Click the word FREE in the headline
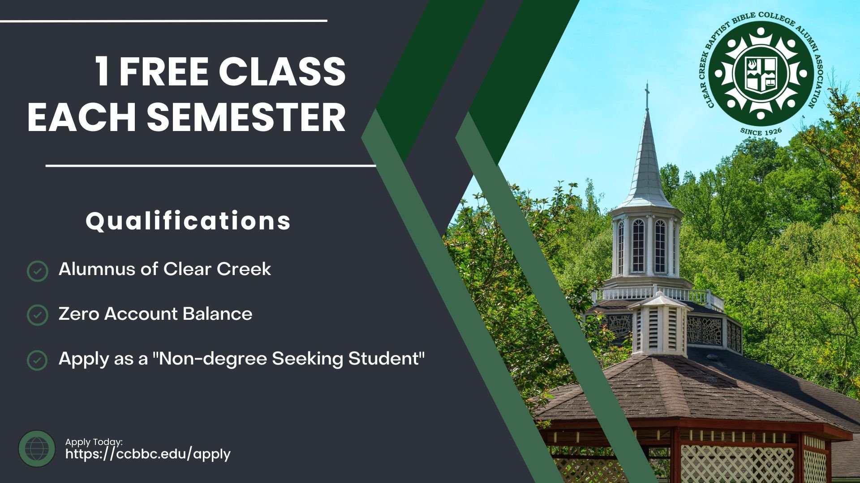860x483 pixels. pos(163,72)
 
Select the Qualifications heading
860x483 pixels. pos(188,220)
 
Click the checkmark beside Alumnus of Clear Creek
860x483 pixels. pos(38,271)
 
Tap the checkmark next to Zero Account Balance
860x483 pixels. pos(38,315)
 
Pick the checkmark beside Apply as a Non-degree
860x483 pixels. pos(38,360)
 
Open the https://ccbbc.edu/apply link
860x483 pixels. pos(148,454)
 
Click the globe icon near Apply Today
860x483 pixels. pos(37,449)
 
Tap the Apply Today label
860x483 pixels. pos(94,442)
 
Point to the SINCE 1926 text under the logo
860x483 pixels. pos(761,131)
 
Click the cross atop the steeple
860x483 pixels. pos(647,95)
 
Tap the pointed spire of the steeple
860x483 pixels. pos(647,157)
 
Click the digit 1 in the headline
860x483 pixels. pos(102,72)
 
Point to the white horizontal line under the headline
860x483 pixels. pos(211,165)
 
